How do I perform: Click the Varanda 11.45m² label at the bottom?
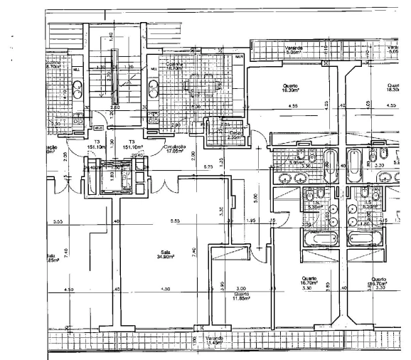(x=214, y=340)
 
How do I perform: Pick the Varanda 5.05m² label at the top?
(x=294, y=50)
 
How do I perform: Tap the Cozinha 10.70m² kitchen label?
(x=175, y=66)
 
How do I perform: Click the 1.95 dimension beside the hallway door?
(x=250, y=221)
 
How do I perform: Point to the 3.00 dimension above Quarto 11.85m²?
(x=241, y=288)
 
